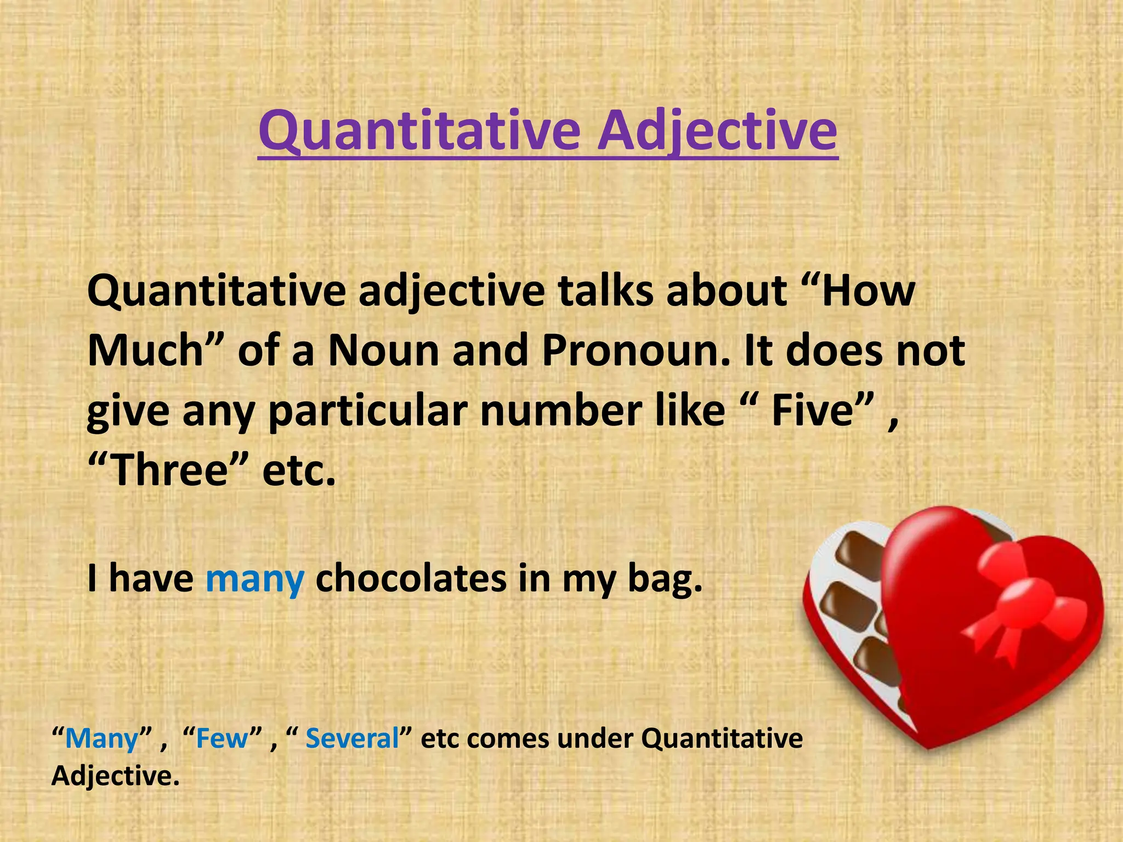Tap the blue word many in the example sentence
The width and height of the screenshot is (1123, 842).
click(255, 579)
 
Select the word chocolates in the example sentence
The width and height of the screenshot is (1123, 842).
click(411, 579)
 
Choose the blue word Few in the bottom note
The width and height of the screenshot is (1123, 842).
click(222, 738)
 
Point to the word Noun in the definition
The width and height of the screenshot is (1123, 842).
click(384, 351)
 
